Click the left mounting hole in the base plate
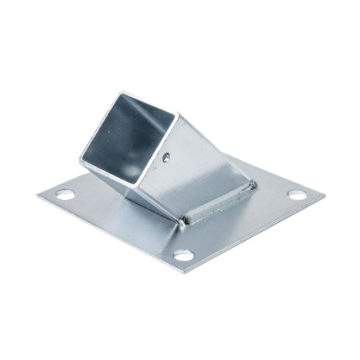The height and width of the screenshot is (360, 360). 65,194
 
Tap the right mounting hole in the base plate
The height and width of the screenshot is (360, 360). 297,194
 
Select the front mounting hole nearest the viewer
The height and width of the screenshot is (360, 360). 184,255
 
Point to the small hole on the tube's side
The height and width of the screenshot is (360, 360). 166,157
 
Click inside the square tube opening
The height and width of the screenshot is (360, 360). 128,135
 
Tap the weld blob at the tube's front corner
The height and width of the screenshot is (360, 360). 182,221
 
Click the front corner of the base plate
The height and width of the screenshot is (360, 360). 182,273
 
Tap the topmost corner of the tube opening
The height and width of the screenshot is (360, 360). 121,93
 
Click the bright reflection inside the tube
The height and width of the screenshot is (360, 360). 133,170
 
